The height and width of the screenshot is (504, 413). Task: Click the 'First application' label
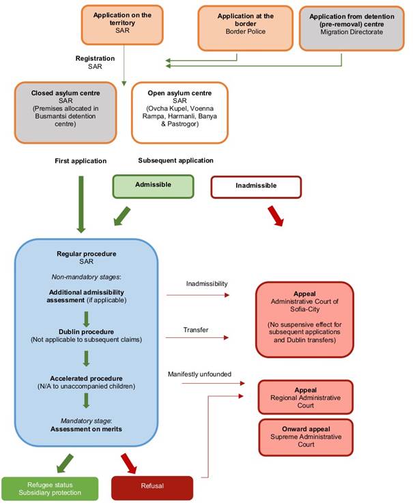[81, 160]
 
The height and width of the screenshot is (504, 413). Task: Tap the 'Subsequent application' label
[175, 160]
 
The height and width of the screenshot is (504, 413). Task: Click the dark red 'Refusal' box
[152, 488]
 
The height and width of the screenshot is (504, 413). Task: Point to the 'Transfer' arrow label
[196, 329]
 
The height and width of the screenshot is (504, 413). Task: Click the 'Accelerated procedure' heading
[85, 378]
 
